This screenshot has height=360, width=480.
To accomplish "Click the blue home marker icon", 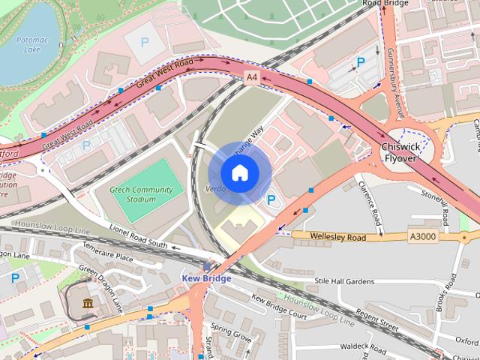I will (x=238, y=173).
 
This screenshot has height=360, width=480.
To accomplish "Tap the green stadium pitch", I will (x=151, y=189).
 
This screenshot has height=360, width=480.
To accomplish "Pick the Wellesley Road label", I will (x=339, y=237).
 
